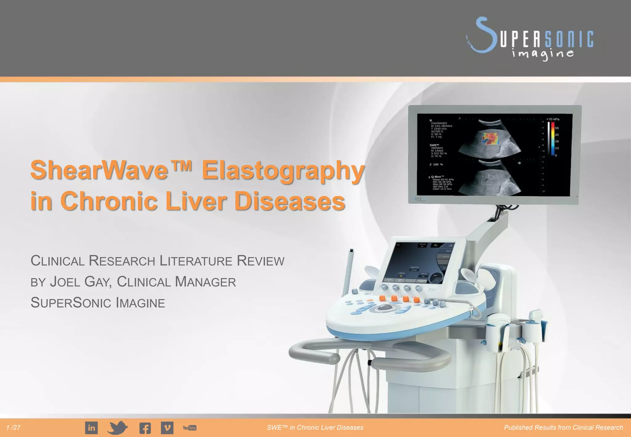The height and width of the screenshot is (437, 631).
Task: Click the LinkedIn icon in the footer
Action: tap(91, 428)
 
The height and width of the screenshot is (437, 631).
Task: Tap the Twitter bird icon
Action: tap(117, 427)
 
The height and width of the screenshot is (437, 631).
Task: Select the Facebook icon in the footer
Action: tap(145, 428)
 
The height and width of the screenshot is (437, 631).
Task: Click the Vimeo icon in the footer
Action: tap(167, 428)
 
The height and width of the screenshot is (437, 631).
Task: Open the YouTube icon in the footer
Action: tap(189, 428)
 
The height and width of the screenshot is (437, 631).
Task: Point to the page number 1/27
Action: tap(13, 427)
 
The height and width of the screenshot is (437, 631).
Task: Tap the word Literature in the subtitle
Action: tap(196, 261)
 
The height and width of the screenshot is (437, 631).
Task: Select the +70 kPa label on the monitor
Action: tap(553, 119)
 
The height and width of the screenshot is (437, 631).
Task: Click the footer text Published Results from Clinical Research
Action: tap(563, 427)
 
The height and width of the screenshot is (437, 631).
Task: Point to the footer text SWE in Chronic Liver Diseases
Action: tap(315, 427)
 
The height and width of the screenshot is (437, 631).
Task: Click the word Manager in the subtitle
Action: tap(206, 282)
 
